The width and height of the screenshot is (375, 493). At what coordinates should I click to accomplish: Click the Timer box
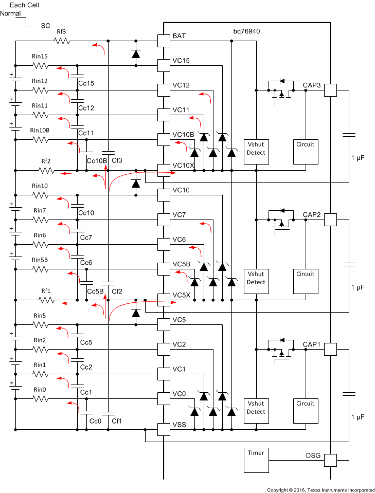click(x=256, y=460)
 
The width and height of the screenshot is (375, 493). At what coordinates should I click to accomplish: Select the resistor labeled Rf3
click(x=61, y=41)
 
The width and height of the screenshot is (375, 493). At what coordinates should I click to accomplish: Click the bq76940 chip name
click(x=246, y=31)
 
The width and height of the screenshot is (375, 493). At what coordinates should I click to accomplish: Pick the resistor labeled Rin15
click(x=40, y=65)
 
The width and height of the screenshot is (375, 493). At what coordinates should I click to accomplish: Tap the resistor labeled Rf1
click(x=46, y=300)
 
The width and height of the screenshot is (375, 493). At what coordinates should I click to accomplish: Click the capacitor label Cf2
click(x=117, y=291)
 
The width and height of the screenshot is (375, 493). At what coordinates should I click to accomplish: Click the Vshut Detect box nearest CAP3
click(x=256, y=149)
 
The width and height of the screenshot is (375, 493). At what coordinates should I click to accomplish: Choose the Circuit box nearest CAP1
click(x=306, y=408)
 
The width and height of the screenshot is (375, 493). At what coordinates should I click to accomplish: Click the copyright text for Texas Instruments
click(x=320, y=489)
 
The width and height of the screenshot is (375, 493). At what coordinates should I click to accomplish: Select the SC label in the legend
click(x=45, y=25)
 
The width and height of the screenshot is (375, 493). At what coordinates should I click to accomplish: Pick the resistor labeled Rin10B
click(x=40, y=139)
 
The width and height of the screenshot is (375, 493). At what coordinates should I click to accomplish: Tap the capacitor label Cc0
click(x=95, y=421)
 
